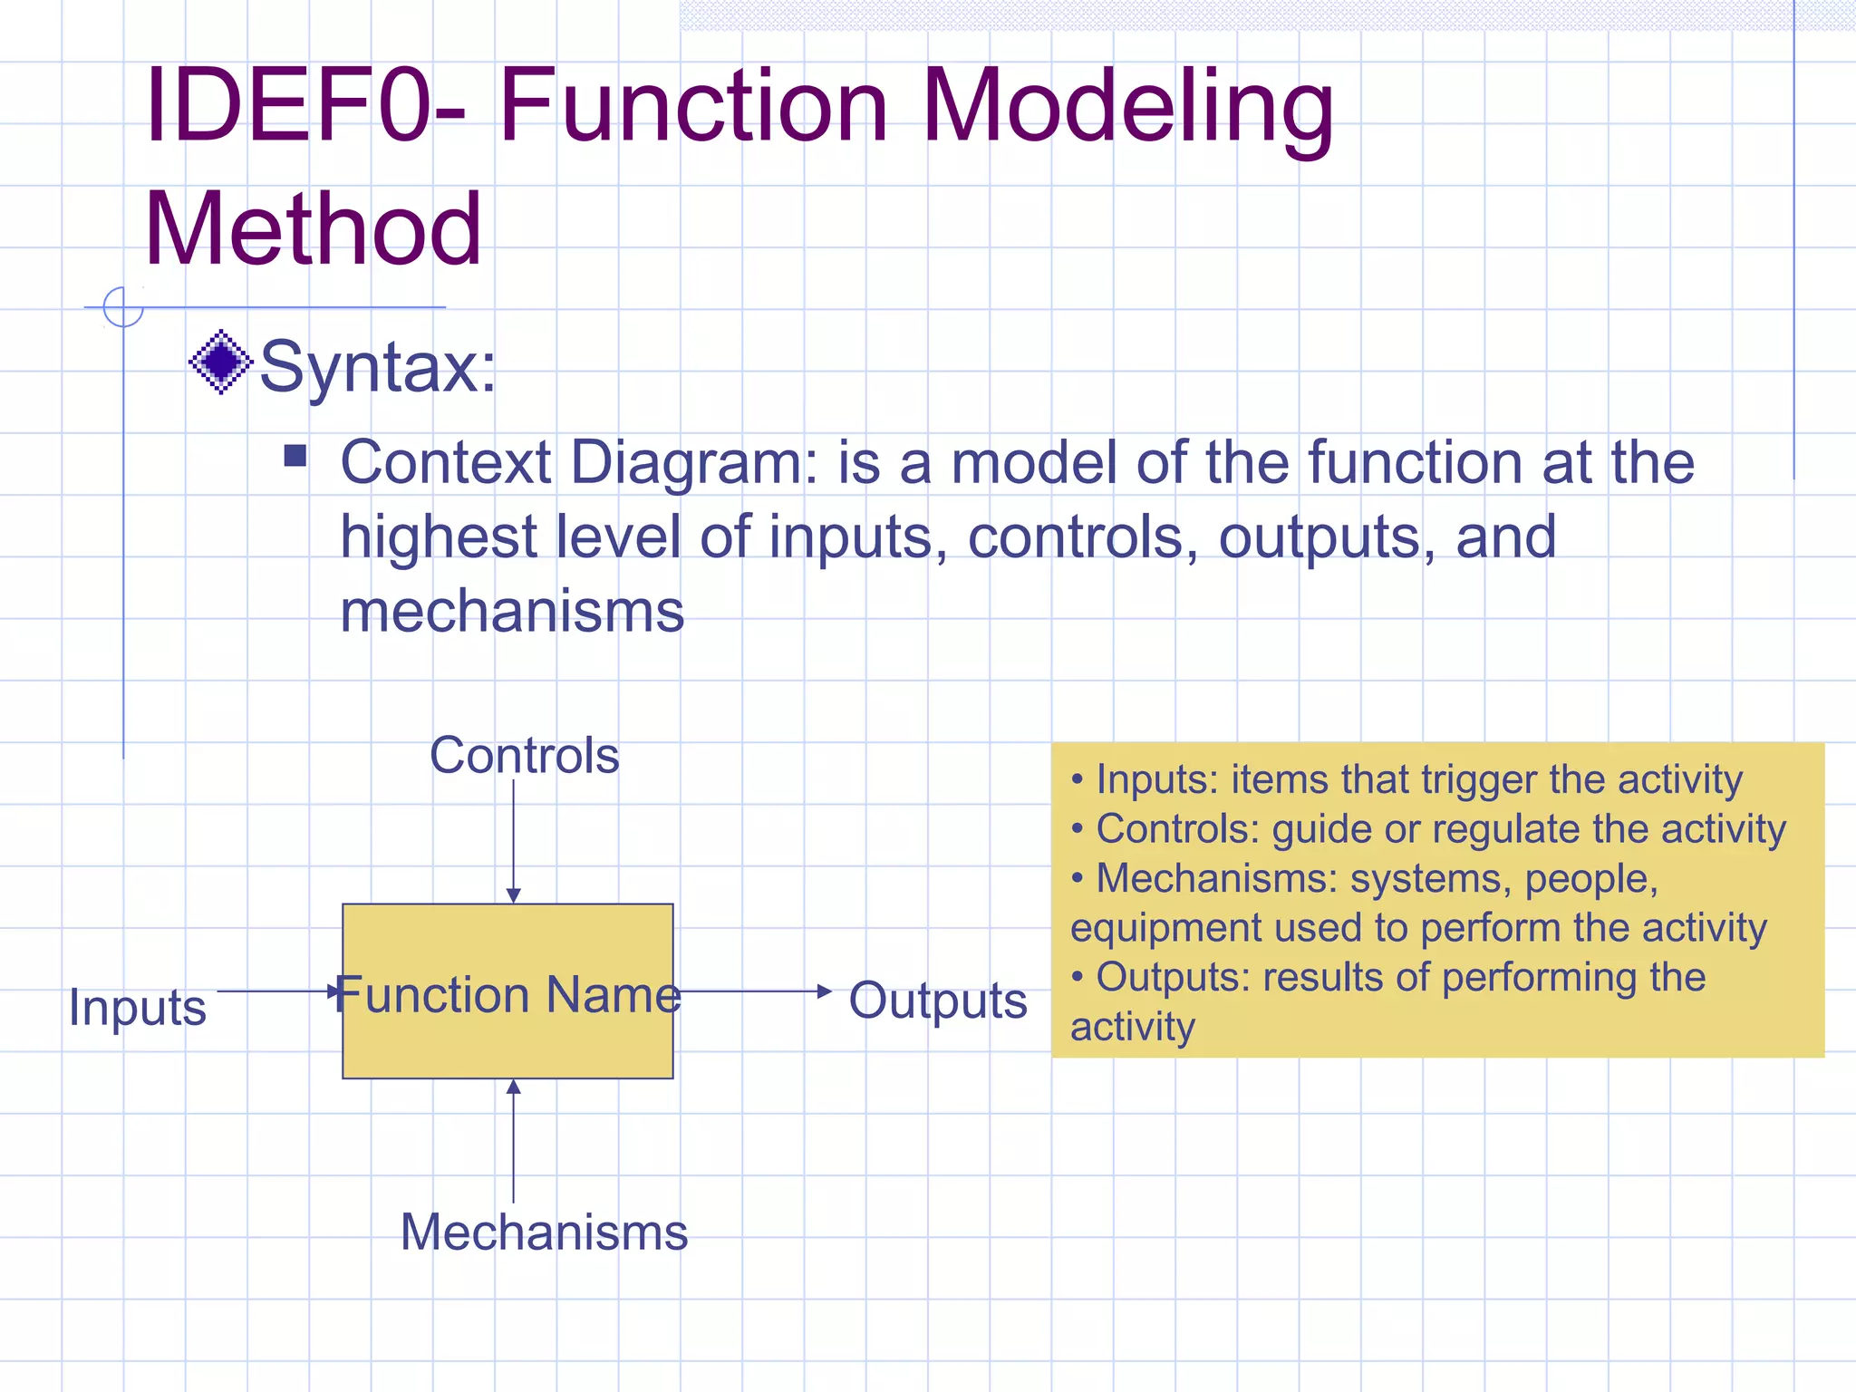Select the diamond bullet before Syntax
220,362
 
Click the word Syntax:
378,367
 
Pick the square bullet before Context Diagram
295,454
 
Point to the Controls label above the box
524,755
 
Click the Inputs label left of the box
138,1007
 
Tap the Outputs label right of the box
937,1000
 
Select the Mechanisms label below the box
544,1232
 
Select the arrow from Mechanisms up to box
513,1142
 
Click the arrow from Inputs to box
276,991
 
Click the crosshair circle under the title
123,306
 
